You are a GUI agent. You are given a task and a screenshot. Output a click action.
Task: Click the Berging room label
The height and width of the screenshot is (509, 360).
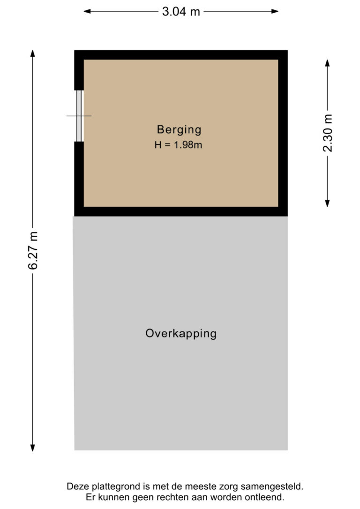click(x=179, y=130)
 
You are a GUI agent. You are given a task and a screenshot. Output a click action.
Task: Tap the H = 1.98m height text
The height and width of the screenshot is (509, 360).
click(x=178, y=144)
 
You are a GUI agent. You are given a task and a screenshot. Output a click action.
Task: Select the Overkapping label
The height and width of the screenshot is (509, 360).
click(x=181, y=334)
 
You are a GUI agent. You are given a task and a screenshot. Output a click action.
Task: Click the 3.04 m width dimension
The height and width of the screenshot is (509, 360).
click(x=181, y=12)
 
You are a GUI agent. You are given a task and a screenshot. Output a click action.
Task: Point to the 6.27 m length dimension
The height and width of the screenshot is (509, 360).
click(x=33, y=250)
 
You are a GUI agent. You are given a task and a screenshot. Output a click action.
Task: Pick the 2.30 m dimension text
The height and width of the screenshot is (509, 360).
click(x=328, y=133)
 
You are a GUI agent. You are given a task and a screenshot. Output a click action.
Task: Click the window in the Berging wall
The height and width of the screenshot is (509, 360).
click(x=79, y=116)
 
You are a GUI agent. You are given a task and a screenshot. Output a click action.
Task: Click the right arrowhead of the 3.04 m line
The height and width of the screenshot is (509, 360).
click(x=275, y=11)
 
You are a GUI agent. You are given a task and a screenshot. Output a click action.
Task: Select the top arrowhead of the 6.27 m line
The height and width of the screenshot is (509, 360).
click(x=32, y=53)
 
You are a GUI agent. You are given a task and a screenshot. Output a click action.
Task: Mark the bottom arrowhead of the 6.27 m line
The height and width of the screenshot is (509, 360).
click(x=32, y=448)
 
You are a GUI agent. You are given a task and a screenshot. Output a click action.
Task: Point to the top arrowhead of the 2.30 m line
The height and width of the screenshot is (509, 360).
click(x=328, y=63)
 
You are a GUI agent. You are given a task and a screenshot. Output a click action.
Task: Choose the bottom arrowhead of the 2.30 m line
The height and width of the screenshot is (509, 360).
click(x=328, y=203)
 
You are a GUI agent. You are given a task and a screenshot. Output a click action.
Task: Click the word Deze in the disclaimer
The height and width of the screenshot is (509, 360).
click(x=78, y=487)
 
